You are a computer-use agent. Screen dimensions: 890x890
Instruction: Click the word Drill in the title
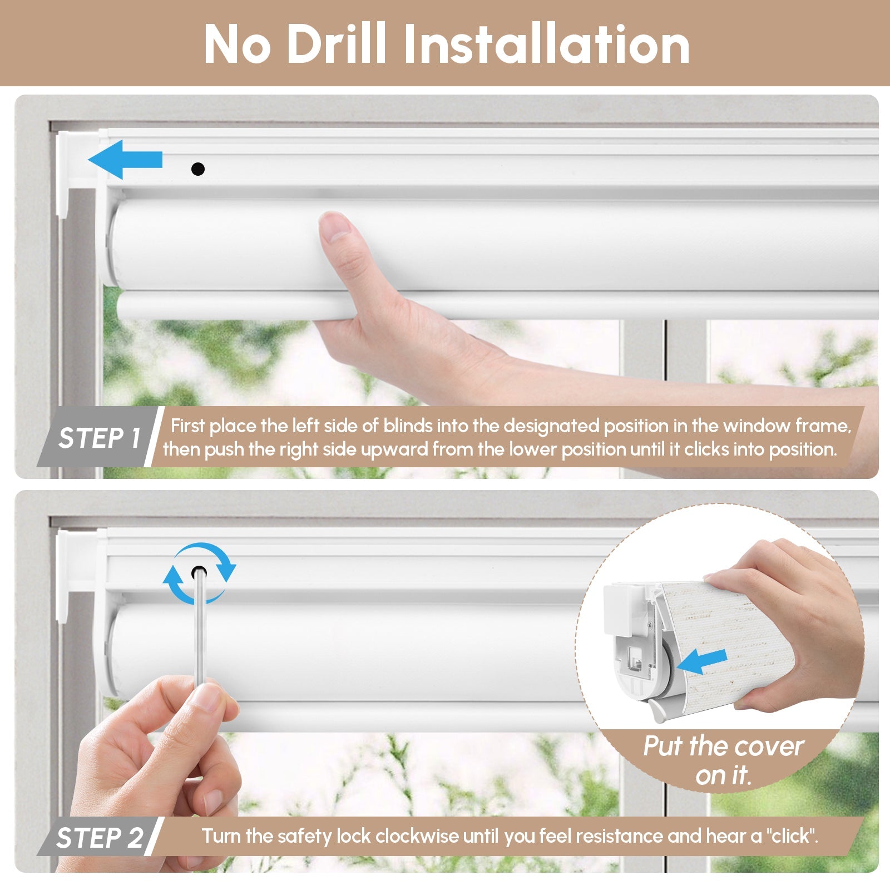[336, 44]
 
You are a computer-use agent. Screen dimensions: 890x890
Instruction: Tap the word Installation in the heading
[547, 44]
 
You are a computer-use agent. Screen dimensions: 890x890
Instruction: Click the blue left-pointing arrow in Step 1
[125, 160]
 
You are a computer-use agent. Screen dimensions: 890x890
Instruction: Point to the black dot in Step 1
[197, 169]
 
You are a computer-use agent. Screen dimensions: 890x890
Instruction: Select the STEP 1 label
[99, 438]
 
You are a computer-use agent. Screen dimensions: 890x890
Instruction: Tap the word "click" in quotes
[792, 836]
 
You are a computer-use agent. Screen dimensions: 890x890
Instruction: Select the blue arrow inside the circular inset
[702, 662]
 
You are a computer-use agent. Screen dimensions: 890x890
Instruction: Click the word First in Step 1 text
[187, 426]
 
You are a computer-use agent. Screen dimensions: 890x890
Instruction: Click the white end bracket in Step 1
[78, 172]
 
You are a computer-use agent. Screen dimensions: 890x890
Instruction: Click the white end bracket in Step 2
[78, 573]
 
